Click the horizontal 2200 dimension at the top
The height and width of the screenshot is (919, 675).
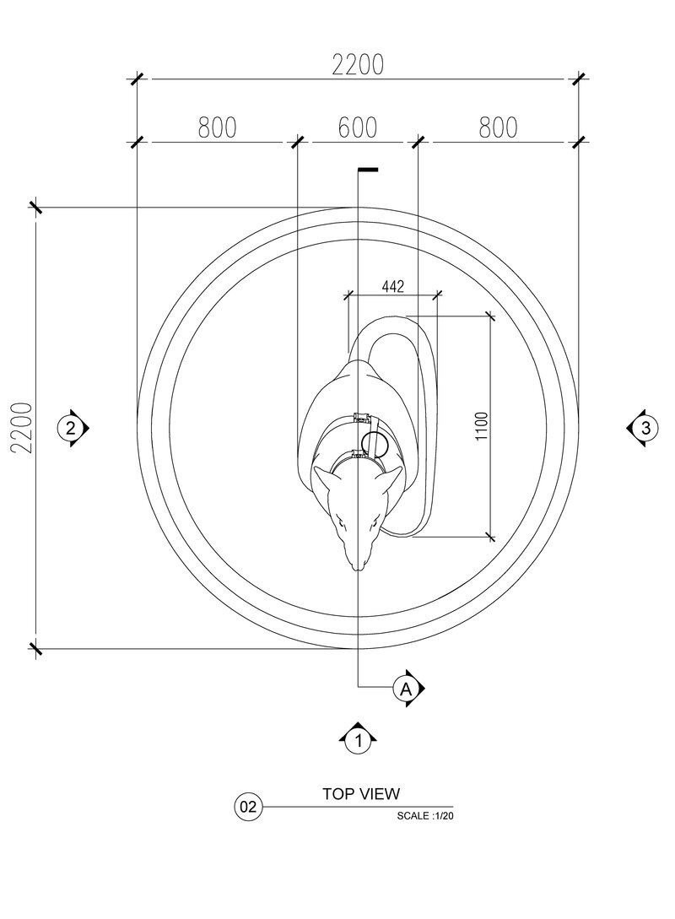click(x=358, y=65)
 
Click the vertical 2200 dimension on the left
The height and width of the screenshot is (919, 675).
click(x=21, y=427)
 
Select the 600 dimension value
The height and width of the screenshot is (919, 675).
click(x=358, y=127)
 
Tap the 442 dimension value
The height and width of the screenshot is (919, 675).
click(x=392, y=287)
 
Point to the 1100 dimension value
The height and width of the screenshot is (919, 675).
click(x=482, y=426)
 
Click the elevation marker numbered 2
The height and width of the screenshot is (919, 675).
click(x=72, y=428)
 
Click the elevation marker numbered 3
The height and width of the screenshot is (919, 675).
click(x=643, y=428)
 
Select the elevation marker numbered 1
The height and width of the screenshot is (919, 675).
click(x=358, y=738)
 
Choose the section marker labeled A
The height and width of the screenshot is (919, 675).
click(x=408, y=689)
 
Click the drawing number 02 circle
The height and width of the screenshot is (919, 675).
click(x=248, y=807)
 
